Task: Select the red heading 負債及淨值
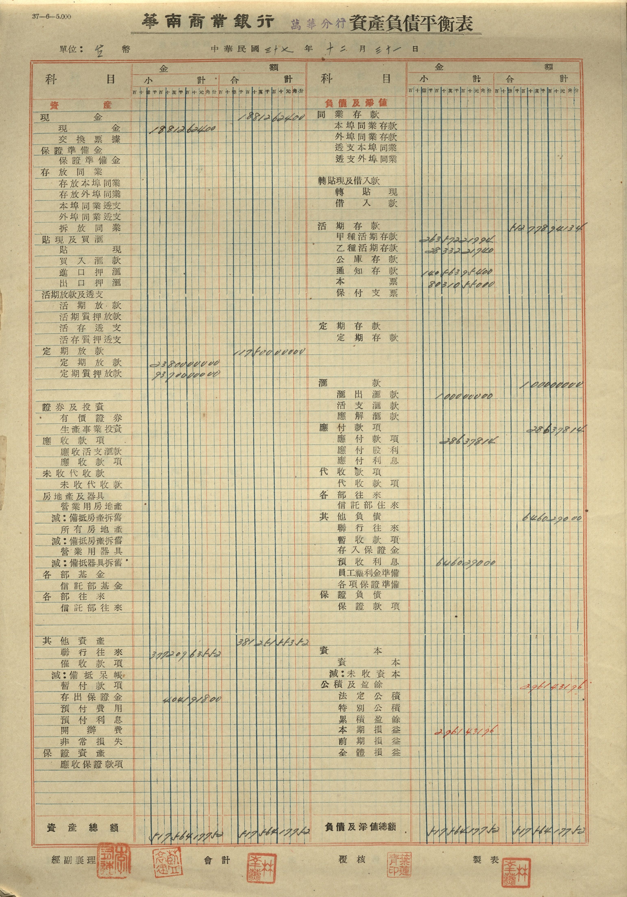click(x=356, y=103)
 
